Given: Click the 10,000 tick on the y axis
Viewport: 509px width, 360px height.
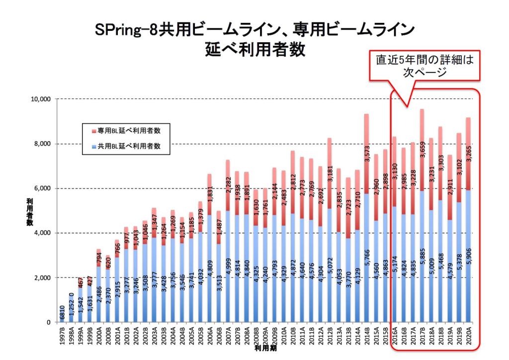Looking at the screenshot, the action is click(41, 99).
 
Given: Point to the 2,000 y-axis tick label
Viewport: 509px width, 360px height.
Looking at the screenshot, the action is click(43, 278).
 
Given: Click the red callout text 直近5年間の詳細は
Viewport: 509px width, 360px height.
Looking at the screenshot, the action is click(424, 60).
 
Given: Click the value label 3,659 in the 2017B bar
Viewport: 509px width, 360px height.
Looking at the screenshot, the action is click(423, 150).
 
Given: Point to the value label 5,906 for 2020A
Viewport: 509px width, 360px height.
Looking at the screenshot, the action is click(468, 257).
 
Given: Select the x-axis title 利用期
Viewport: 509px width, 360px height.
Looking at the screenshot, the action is click(265, 349).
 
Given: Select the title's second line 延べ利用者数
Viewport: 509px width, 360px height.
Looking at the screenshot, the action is click(255, 50).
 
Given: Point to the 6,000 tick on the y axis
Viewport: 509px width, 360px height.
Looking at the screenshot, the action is click(43, 188).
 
